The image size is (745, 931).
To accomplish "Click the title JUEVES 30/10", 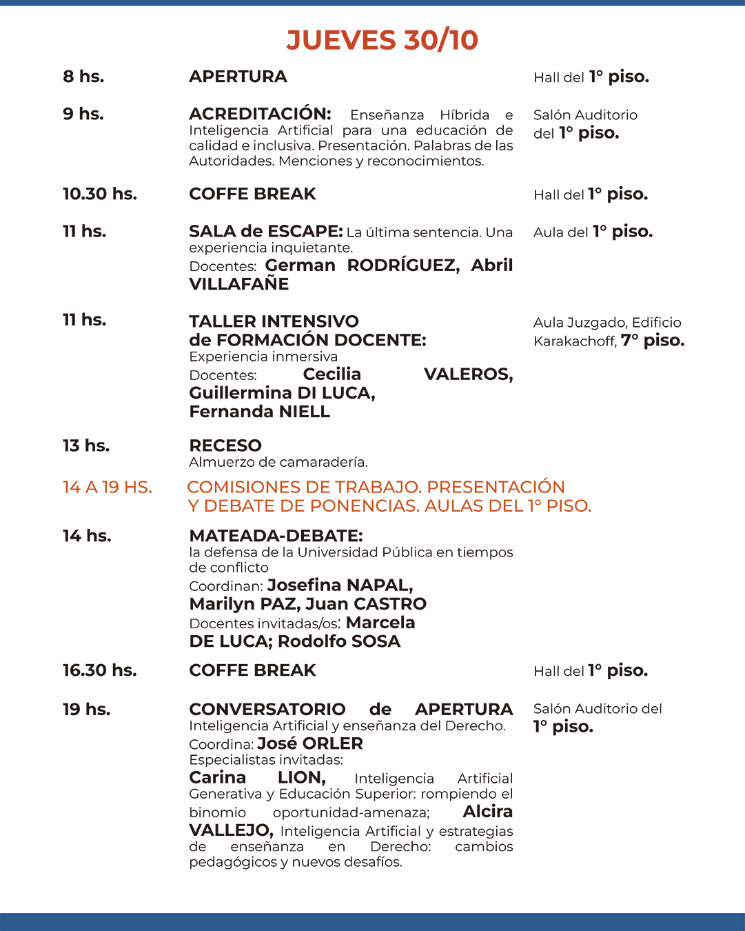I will [x=382, y=40].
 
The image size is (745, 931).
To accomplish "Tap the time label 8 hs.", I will [x=83, y=77].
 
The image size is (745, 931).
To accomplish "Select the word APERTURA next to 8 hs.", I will [x=238, y=77].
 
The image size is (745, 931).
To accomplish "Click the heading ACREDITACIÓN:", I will [x=260, y=114].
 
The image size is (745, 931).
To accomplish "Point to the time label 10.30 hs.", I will [x=100, y=194].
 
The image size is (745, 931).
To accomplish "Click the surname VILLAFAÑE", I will [x=238, y=283].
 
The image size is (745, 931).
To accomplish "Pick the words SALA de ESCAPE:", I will [x=265, y=231].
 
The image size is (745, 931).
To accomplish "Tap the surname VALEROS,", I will [x=468, y=374].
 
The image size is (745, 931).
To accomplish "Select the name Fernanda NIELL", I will [x=259, y=411].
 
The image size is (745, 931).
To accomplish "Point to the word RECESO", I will [x=225, y=446].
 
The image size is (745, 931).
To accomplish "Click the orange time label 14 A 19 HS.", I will [x=107, y=488].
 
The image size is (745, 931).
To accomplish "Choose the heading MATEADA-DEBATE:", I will [x=276, y=536].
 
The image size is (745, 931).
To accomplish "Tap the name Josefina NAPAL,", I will [x=340, y=585].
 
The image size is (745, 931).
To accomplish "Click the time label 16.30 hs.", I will [x=99, y=670].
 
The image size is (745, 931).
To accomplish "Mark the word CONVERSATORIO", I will [x=267, y=709].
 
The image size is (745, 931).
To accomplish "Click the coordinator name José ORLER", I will [x=309, y=743].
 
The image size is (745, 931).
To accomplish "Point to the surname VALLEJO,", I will [x=231, y=830].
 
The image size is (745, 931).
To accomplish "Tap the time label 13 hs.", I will [x=86, y=446].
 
